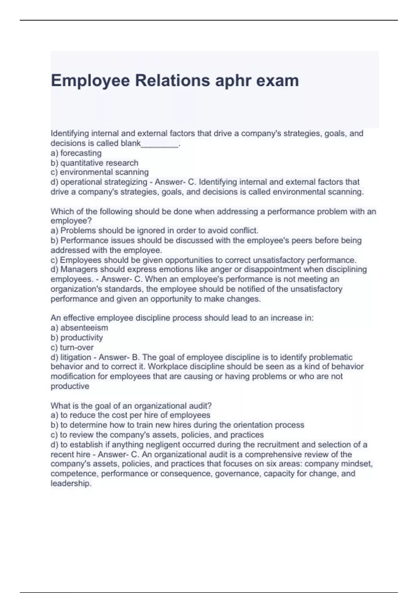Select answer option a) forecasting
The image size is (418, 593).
[76, 153]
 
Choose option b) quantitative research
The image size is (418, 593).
[94, 163]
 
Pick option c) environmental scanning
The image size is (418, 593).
[100, 172]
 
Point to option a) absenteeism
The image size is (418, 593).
[79, 328]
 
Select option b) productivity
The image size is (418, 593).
[77, 338]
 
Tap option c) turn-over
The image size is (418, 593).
[72, 347]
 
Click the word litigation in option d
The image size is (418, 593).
[76, 357]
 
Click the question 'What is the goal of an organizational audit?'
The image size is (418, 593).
[131, 406]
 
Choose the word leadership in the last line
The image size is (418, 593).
[70, 483]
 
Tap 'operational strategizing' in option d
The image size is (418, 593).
[104, 182]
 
